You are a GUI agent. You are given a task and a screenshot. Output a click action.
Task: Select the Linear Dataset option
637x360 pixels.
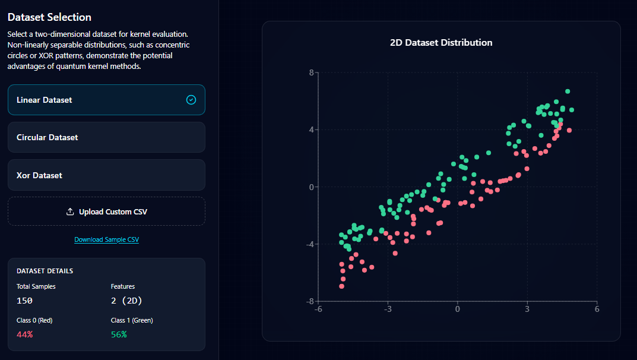(x=106, y=100)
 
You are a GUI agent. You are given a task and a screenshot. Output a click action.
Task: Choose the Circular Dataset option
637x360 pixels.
(x=106, y=137)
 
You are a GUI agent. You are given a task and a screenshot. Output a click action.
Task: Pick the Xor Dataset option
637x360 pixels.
(x=106, y=175)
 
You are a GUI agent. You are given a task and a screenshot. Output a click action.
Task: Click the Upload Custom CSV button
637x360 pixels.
(x=106, y=211)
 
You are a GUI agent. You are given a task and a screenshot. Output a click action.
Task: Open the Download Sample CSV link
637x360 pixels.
(x=106, y=239)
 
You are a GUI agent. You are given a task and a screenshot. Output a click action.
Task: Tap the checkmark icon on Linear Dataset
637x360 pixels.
(x=191, y=100)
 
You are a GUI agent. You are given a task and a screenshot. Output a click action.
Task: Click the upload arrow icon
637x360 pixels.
(x=70, y=211)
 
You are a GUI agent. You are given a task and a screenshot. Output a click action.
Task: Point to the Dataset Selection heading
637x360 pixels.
(x=49, y=17)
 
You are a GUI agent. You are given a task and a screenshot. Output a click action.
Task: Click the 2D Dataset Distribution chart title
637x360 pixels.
(x=441, y=43)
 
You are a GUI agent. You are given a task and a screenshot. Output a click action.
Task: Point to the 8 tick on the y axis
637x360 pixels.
(x=311, y=73)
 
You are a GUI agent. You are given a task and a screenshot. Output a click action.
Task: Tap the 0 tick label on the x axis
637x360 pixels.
(x=457, y=310)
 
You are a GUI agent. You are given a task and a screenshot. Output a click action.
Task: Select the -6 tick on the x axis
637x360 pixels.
(x=318, y=310)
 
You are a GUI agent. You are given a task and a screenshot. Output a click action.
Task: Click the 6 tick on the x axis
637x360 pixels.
(x=597, y=310)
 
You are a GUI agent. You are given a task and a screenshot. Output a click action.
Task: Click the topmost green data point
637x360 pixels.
(x=568, y=91)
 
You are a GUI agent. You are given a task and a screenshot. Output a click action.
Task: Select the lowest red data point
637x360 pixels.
(x=341, y=286)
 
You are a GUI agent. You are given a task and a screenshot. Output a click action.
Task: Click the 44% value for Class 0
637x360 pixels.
(x=24, y=334)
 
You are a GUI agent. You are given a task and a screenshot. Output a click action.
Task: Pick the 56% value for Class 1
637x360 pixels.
(x=119, y=334)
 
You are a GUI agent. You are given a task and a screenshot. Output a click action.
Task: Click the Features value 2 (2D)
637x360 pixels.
(x=126, y=301)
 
